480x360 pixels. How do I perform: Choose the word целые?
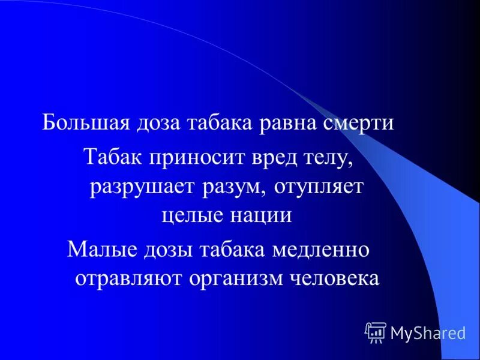tap(191, 215)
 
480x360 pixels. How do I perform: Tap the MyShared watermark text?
tap(428, 332)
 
